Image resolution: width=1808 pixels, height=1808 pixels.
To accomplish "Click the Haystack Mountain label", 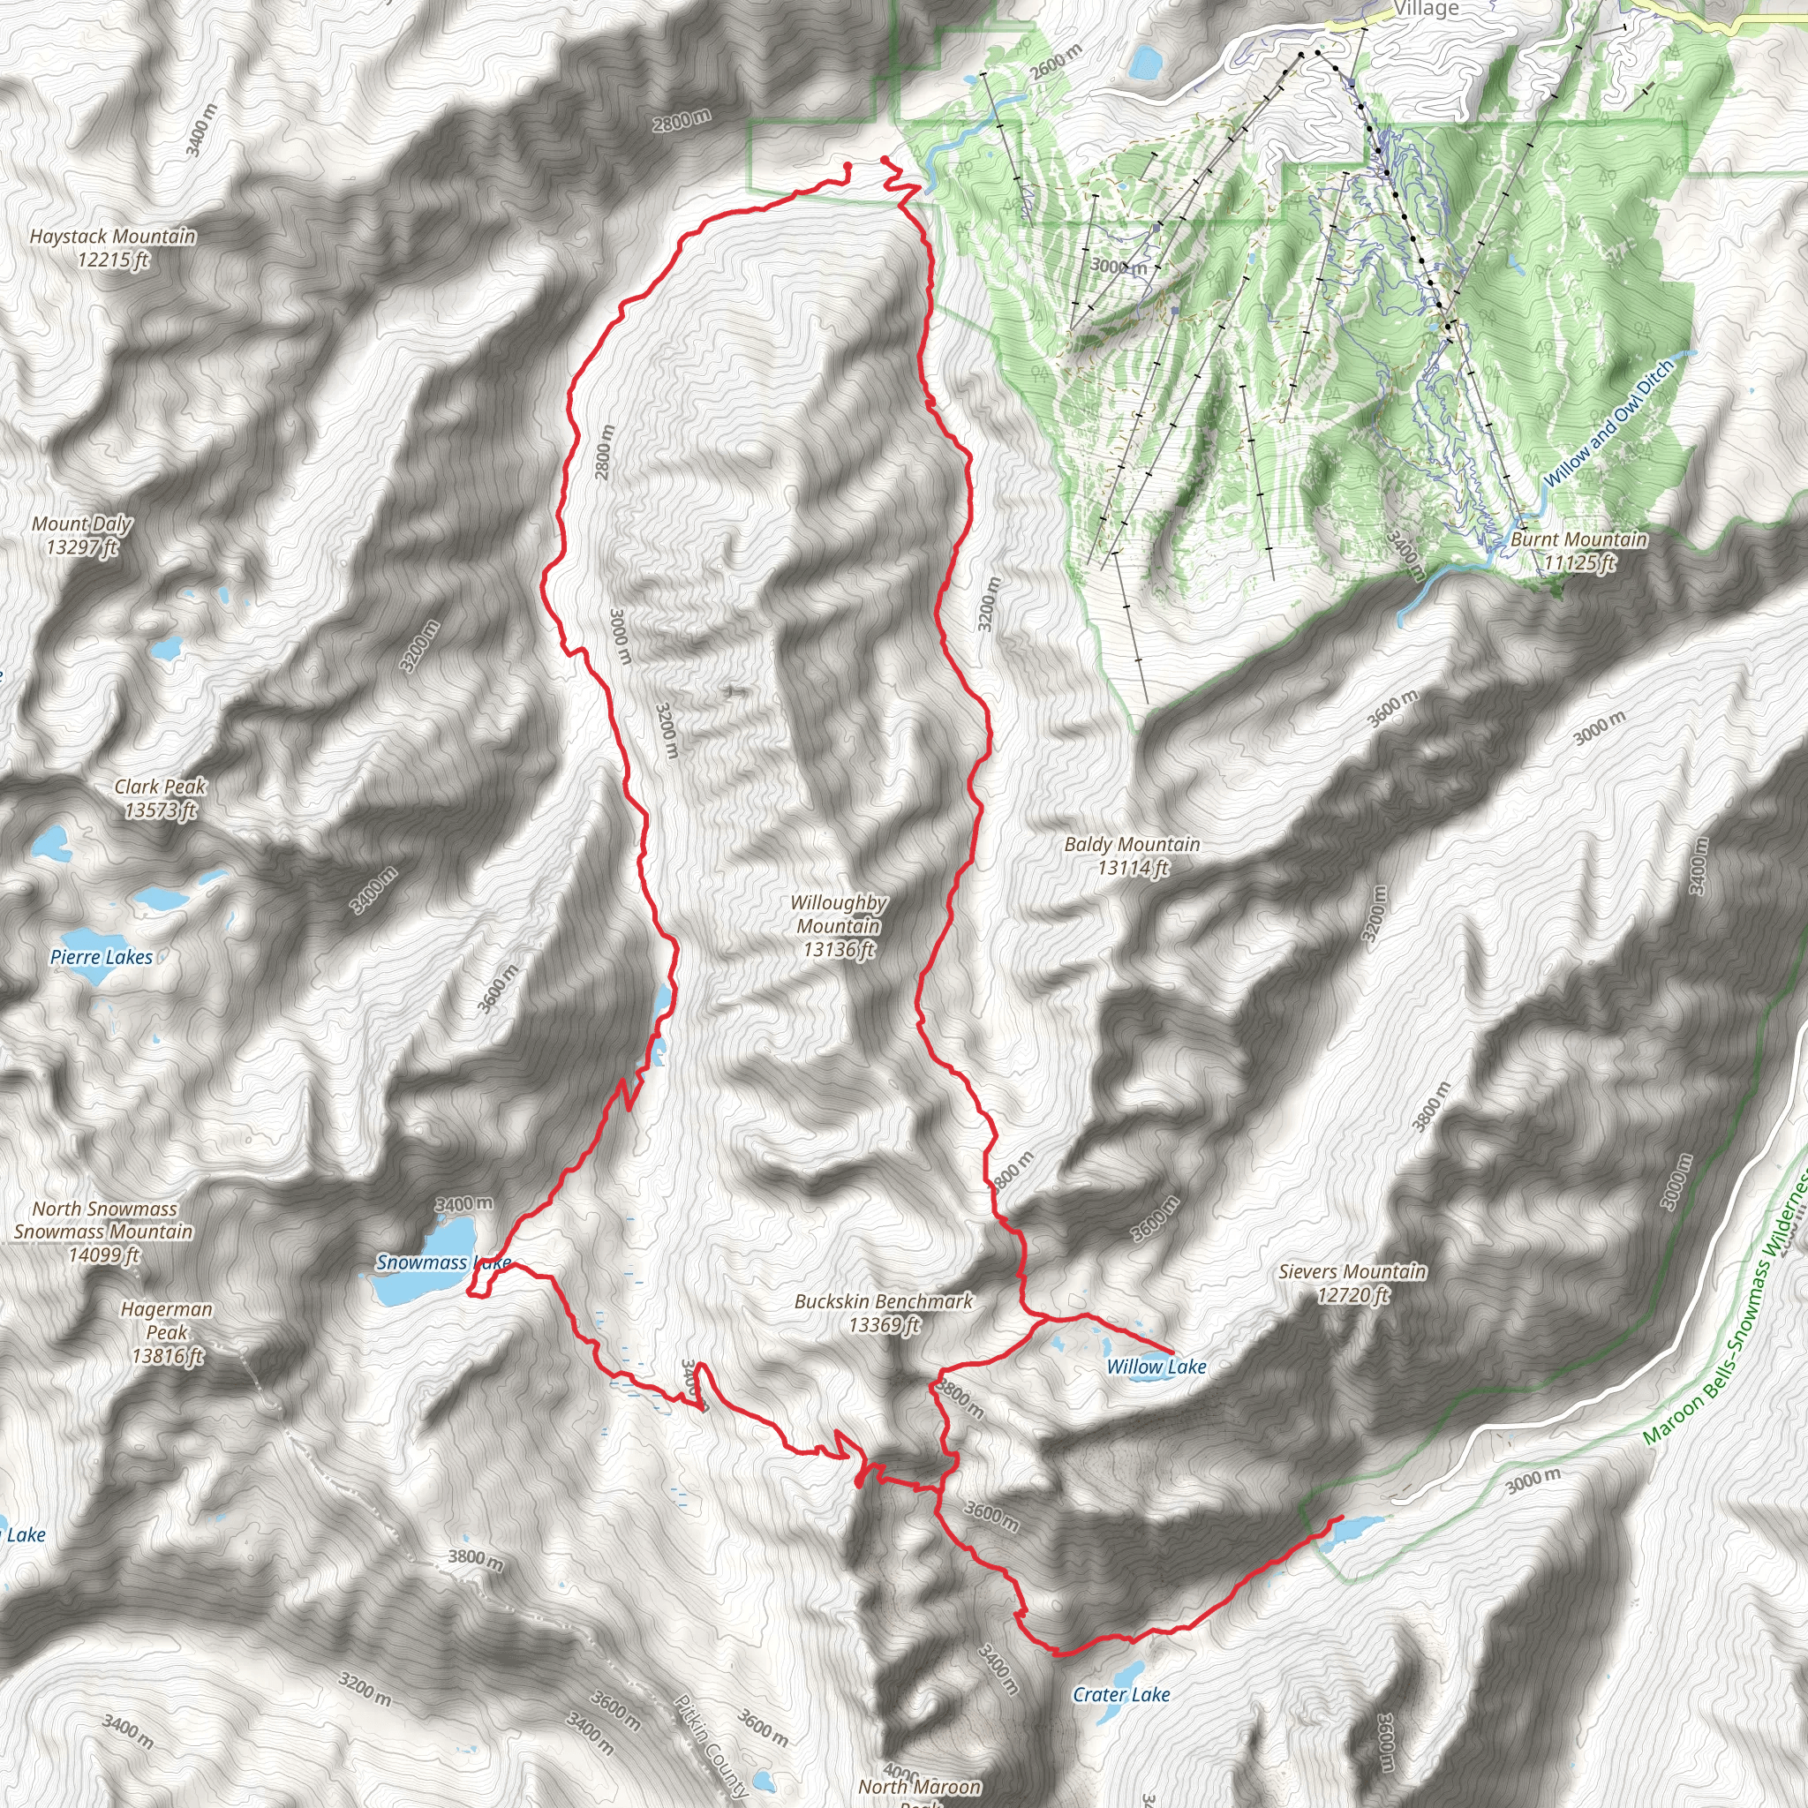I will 112,248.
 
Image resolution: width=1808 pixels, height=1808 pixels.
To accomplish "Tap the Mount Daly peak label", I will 82,535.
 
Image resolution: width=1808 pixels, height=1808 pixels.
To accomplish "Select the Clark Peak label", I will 160,798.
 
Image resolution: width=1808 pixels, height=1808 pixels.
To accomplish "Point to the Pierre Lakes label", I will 101,957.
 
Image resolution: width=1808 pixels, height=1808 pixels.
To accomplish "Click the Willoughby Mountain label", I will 839,926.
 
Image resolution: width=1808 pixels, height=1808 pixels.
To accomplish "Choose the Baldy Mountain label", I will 1133,856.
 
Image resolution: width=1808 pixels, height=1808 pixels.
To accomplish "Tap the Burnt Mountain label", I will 1578,550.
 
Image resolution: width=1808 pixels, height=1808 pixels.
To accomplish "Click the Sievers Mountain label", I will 1352,1283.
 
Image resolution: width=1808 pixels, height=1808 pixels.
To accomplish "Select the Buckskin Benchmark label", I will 884,1312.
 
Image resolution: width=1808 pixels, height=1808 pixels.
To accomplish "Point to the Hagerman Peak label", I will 167,1332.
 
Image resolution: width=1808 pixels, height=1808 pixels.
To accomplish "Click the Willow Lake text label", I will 1156,1367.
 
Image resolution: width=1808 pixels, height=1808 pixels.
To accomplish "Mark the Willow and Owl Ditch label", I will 1608,424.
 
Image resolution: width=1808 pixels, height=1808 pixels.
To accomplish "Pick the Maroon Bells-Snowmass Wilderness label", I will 1727,1310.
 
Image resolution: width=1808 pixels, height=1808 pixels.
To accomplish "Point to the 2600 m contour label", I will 1056,62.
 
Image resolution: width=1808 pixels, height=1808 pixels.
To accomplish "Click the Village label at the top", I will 1427,10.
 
